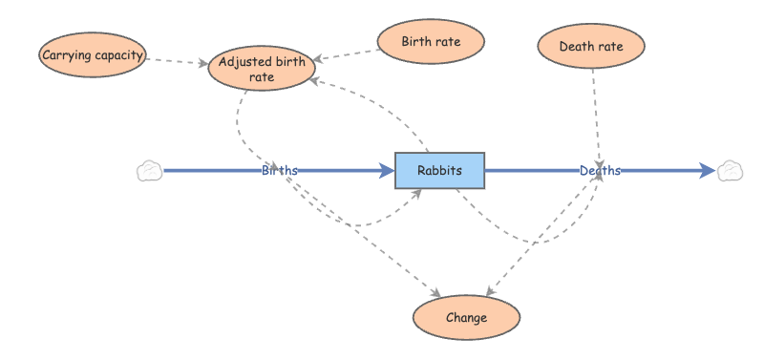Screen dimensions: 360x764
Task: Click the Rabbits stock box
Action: point(439,170)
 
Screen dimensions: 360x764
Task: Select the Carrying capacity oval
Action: point(93,55)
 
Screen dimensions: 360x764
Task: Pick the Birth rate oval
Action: point(431,42)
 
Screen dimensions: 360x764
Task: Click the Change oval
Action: point(465,318)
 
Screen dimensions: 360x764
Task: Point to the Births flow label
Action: point(279,170)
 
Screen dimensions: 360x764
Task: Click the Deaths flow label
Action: point(600,170)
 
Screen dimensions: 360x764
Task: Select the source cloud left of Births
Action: point(149,171)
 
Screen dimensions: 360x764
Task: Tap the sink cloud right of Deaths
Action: point(730,171)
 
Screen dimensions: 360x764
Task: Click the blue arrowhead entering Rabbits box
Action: point(387,171)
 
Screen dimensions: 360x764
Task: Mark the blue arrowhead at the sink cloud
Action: point(707,171)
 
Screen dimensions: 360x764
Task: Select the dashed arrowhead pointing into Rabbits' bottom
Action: point(417,192)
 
